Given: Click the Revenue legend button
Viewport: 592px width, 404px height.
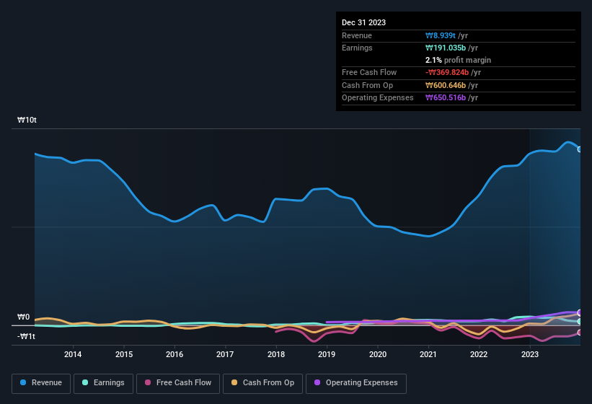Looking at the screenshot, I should point(42,382).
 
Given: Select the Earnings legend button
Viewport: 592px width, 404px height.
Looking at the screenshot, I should point(104,382).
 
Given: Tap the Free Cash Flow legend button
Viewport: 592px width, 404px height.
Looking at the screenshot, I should point(177,382).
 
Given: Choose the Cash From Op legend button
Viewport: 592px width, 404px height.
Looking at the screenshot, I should point(262,382).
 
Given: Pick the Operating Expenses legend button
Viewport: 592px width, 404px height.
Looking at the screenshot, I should point(355,382).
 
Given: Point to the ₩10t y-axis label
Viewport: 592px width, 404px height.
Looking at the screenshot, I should point(27,120).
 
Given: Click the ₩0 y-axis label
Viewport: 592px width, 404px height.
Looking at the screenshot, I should point(24,317).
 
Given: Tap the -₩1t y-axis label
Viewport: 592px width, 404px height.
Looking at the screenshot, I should point(27,336).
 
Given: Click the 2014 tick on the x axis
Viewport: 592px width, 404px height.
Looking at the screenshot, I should point(73,354).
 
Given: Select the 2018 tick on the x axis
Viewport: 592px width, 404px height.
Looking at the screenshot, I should point(275,354).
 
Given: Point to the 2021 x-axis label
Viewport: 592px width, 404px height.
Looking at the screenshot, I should point(428,354).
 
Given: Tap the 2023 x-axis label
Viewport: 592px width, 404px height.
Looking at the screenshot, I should point(530,354).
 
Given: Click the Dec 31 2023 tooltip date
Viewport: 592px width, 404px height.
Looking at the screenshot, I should point(363,22).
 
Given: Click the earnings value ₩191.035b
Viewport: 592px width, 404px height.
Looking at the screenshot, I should point(452,48).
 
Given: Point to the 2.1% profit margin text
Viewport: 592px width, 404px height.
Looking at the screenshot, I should point(458,60).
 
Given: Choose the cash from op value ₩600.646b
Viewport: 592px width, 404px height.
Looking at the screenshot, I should point(452,85).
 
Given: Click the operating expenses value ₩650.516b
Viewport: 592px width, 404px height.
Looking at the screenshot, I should point(452,97).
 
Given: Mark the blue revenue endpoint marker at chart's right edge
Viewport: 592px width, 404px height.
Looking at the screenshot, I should point(580,149).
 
